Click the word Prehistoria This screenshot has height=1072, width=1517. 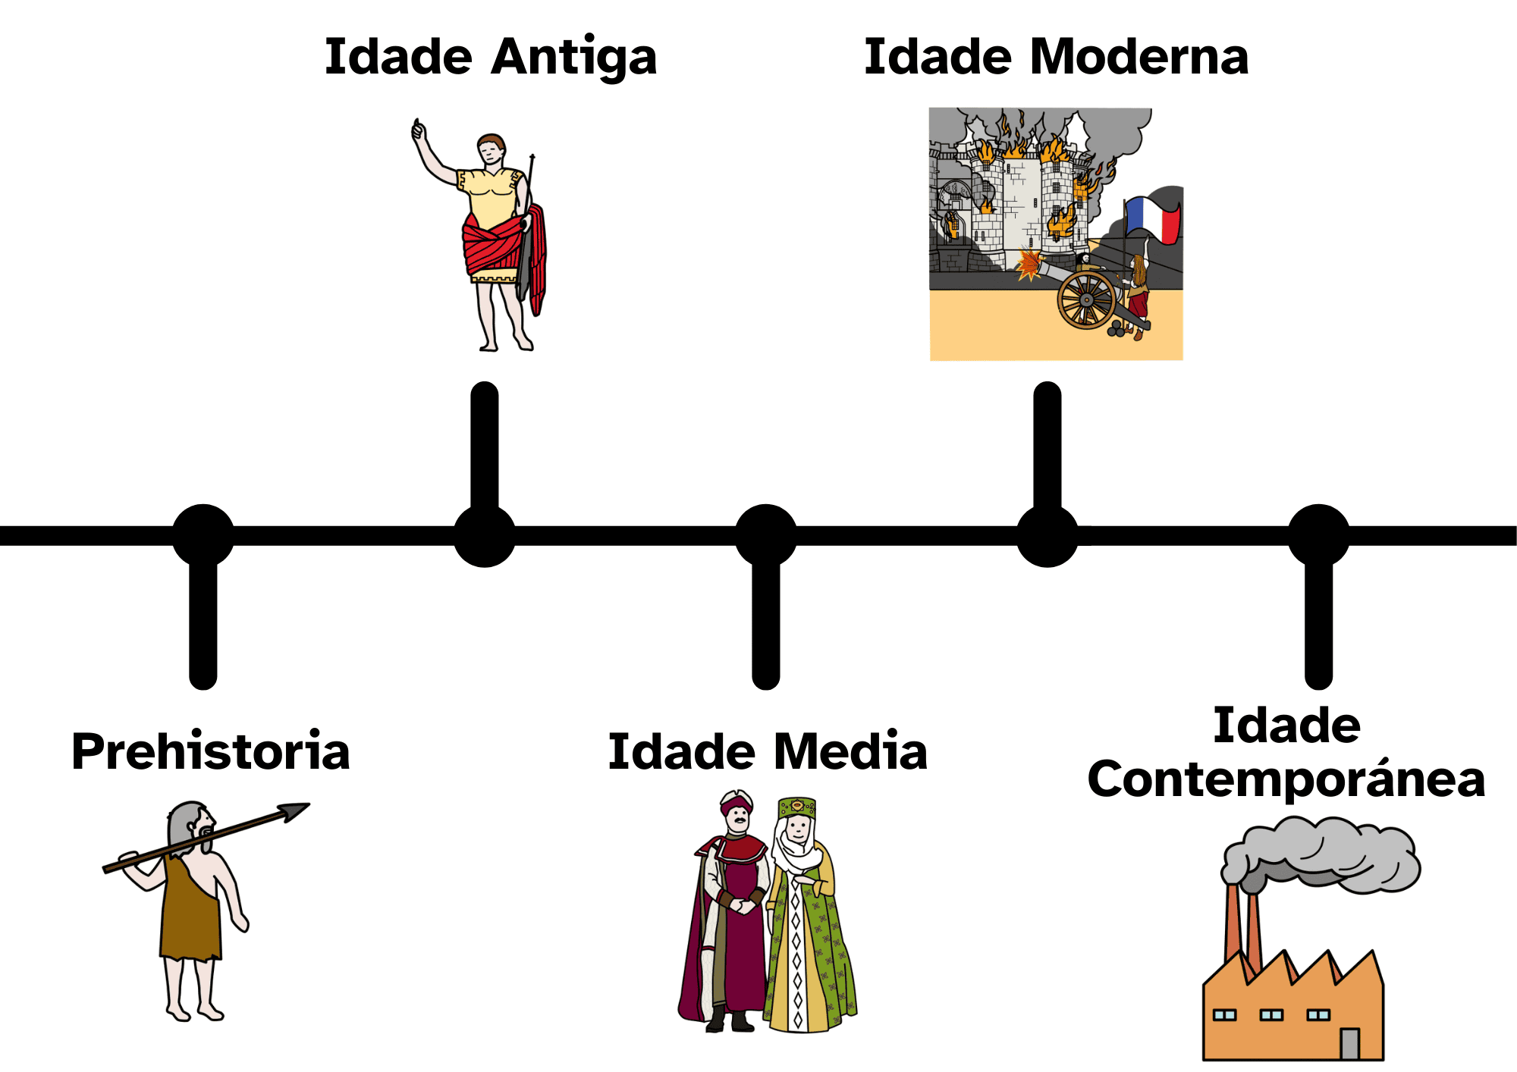click(211, 752)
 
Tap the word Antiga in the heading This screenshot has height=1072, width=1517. click(573, 58)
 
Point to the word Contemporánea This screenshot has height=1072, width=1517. click(1286, 779)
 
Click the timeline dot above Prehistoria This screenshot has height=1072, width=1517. click(203, 535)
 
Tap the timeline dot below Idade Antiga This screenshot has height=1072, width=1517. click(485, 535)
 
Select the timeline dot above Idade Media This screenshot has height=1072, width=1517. click(766, 535)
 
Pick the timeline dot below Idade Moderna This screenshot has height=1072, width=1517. click(1047, 535)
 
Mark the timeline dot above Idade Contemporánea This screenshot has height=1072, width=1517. click(1319, 535)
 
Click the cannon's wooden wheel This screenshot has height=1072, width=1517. click(1086, 300)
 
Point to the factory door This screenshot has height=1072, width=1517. click(1349, 1043)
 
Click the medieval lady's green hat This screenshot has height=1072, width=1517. click(796, 807)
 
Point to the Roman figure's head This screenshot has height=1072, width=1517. click(492, 149)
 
